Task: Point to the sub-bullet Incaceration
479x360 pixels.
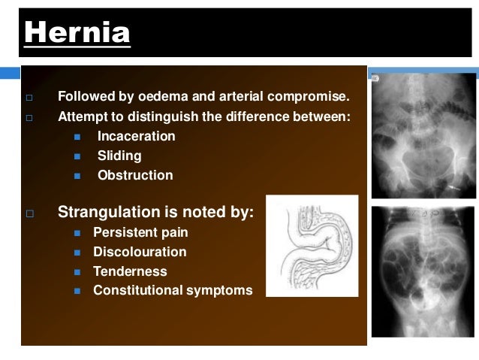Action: (x=136, y=137)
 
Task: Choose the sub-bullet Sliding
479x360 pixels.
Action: (x=119, y=156)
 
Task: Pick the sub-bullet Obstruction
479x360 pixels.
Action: (x=134, y=176)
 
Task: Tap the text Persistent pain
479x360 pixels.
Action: (x=140, y=233)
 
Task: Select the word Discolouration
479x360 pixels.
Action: (x=140, y=253)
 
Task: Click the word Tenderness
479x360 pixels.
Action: (x=130, y=271)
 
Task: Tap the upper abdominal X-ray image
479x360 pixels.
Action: (x=423, y=135)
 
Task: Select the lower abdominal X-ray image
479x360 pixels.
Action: (x=423, y=271)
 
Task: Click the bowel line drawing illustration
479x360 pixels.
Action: (x=312, y=246)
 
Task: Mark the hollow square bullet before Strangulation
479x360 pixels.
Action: (x=30, y=214)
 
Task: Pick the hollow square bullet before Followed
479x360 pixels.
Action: (x=29, y=98)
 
